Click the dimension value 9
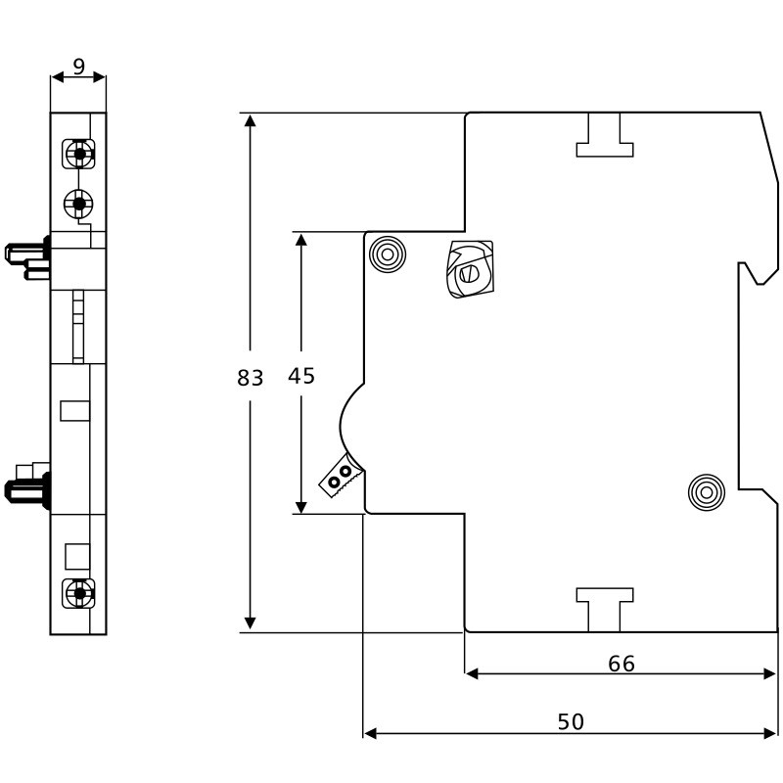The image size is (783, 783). [78, 68]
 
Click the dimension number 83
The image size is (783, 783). [251, 378]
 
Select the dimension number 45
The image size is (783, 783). [301, 375]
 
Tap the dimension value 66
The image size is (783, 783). [622, 664]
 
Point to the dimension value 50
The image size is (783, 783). [571, 721]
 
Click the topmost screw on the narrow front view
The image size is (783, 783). [78, 154]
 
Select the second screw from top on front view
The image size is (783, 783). [78, 203]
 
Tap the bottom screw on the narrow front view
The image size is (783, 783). [78, 592]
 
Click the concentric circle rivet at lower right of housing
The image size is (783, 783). [705, 491]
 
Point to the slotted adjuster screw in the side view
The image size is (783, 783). [469, 270]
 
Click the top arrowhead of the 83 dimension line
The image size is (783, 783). [251, 120]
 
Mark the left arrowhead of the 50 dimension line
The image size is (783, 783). [370, 732]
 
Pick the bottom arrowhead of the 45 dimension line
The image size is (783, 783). [301, 506]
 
